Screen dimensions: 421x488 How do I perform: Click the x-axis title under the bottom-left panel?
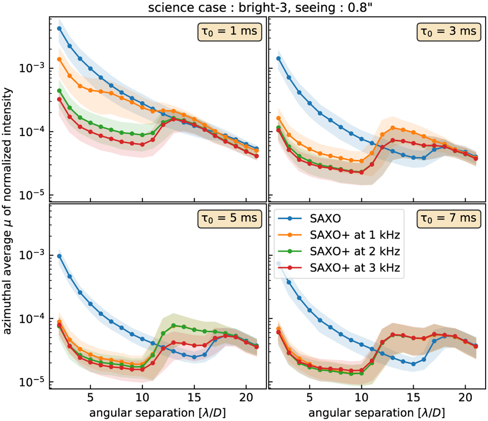point(158,412)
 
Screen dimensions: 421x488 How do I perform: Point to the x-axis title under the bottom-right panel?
point(376,412)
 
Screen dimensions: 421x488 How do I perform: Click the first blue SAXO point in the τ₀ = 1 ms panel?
point(59,29)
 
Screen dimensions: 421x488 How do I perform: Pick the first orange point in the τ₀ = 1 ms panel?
point(59,59)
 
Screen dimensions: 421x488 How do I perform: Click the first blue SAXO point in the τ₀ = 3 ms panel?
point(278,58)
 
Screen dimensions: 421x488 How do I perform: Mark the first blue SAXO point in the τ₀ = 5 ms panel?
point(59,256)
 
